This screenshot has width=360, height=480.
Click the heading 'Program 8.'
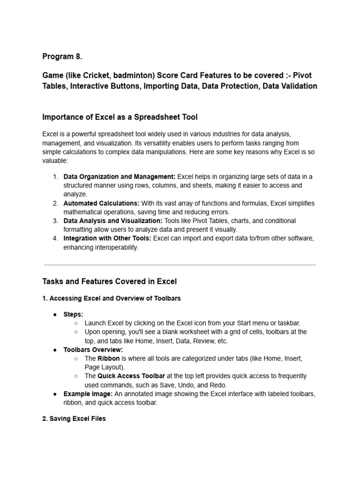(62, 57)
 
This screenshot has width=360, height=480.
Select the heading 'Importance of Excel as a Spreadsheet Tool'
(120, 117)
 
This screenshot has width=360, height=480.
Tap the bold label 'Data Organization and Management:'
(120, 177)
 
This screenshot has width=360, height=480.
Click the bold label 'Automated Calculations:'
(101, 203)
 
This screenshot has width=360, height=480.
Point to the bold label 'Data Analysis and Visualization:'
(113, 221)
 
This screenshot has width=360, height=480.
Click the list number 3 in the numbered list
(55, 221)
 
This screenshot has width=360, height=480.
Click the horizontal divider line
(180, 265)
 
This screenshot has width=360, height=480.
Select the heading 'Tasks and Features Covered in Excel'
(110, 282)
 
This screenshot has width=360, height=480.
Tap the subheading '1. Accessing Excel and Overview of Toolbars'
(112, 298)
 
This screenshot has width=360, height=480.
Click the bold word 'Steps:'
(73, 315)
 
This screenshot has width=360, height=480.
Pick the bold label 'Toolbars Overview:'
(93, 350)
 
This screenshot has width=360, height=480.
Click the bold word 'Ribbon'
(109, 359)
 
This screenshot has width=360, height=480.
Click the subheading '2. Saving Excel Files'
(74, 419)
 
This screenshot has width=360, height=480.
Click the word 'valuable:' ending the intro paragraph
(55, 160)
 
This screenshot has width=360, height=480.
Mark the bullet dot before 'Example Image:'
(55, 394)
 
